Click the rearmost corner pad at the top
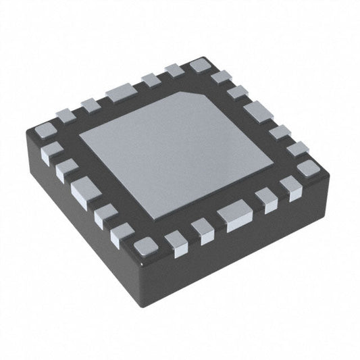(x=199, y=66)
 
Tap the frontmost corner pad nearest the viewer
(x=145, y=247)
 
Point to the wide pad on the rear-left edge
(x=121, y=92)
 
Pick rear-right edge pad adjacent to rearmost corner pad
(x=221, y=77)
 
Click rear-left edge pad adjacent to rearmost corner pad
(x=174, y=70)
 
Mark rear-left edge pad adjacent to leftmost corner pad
(x=66, y=115)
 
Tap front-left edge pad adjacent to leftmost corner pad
(x=51, y=151)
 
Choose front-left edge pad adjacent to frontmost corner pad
(x=122, y=232)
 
